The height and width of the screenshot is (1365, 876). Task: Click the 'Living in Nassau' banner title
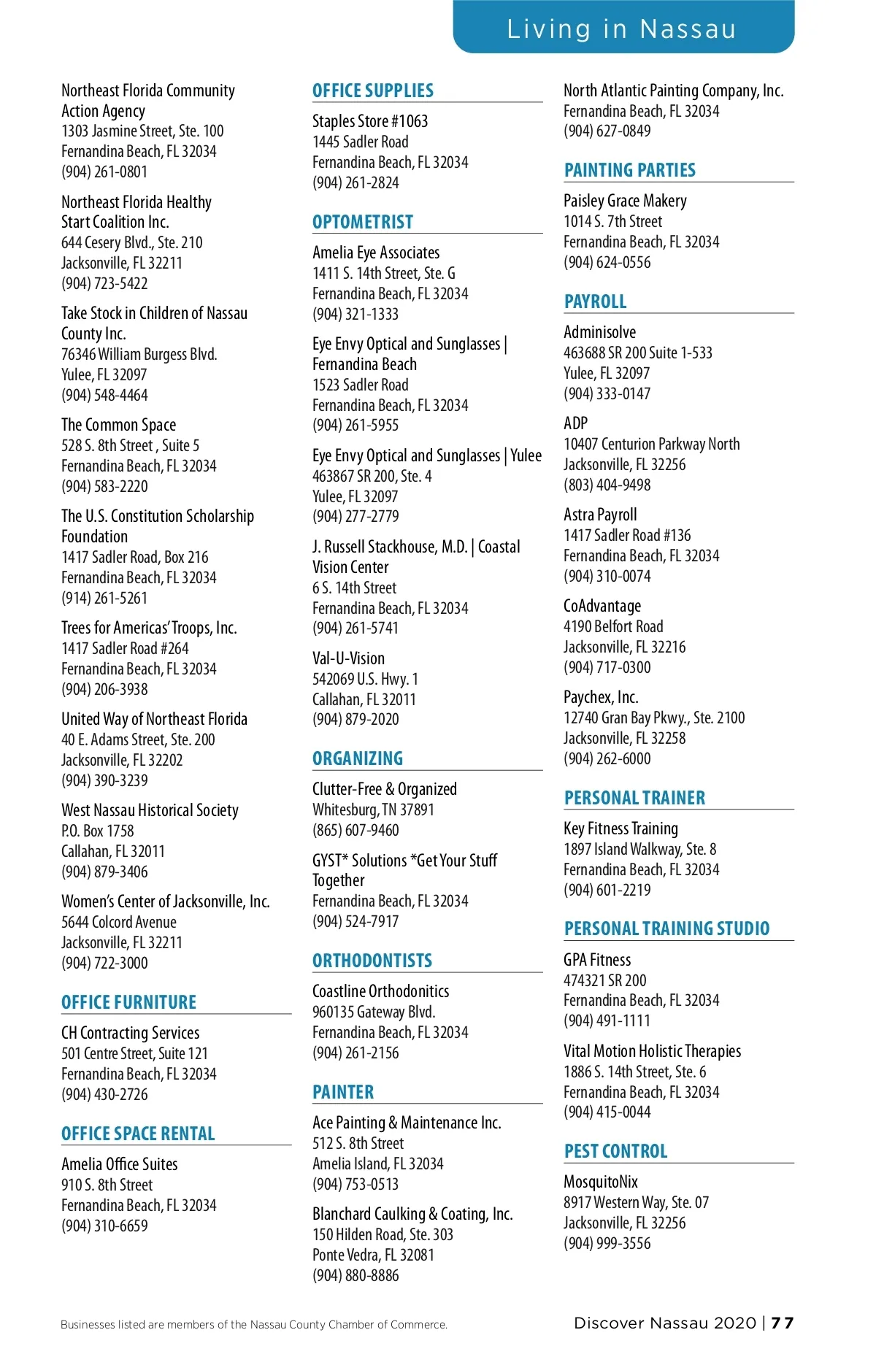click(621, 29)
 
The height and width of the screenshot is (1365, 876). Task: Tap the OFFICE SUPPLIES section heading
click(372, 91)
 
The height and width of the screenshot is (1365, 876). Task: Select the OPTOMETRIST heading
click(362, 223)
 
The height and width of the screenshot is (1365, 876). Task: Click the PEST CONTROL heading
click(615, 1152)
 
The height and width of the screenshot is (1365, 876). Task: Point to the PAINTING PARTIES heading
click(629, 171)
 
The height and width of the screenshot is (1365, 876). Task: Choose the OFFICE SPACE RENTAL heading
click(138, 1134)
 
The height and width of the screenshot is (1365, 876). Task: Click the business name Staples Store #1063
click(370, 121)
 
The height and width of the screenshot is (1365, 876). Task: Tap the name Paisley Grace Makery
click(625, 201)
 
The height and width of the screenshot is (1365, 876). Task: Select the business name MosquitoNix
click(600, 1182)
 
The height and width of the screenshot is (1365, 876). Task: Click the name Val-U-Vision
click(348, 658)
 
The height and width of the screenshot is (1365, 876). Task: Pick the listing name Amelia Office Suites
click(119, 1164)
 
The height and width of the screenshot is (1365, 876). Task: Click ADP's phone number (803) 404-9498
click(607, 485)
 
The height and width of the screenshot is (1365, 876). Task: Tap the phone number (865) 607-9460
click(356, 831)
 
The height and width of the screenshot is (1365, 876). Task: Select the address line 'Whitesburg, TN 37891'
click(373, 810)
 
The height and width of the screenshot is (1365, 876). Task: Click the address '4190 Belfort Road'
click(613, 627)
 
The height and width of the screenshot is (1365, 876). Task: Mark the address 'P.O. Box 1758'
click(98, 831)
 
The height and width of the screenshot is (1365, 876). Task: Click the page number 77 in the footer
click(782, 1323)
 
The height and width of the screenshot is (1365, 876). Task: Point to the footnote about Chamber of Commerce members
click(253, 1325)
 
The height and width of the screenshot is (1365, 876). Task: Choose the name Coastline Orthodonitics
click(380, 992)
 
